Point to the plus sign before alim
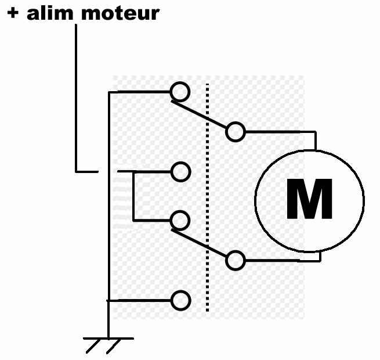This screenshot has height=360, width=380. (13, 13)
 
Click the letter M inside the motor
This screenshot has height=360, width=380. (309, 200)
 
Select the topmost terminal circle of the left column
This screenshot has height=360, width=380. (180, 91)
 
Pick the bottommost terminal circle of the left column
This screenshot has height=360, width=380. (180, 300)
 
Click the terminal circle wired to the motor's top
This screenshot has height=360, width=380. (235, 132)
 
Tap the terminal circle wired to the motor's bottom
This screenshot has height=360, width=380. (235, 260)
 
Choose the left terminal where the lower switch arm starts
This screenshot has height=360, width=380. (180, 220)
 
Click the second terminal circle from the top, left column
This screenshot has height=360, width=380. (180, 171)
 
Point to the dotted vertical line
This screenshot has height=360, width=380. (207, 197)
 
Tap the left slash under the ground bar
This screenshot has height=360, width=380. (93, 346)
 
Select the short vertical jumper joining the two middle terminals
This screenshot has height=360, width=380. (133, 196)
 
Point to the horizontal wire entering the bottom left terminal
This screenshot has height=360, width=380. (139, 300)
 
